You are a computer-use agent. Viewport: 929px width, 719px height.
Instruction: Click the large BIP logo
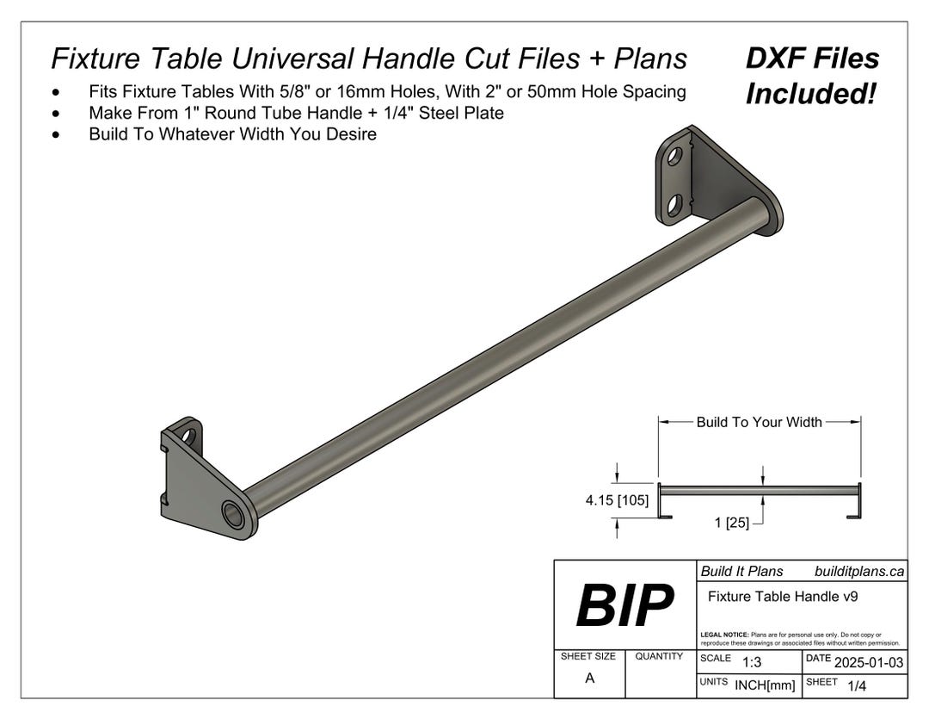point(624,604)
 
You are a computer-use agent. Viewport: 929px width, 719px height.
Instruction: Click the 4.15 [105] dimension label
point(617,500)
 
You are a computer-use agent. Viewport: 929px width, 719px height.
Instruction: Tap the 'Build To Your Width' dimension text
point(759,422)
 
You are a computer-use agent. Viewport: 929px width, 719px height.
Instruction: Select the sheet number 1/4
point(857,685)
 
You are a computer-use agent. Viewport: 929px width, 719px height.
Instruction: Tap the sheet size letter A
point(589,678)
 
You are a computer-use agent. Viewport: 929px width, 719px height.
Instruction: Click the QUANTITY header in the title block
point(659,656)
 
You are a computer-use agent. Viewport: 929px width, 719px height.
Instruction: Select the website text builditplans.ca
point(858,571)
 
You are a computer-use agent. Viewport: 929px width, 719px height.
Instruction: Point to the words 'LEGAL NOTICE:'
point(725,635)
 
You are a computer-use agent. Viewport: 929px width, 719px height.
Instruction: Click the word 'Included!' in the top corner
point(809,94)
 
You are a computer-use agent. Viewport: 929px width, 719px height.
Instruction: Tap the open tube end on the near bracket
point(232,514)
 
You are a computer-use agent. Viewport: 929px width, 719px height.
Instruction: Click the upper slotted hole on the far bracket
point(675,157)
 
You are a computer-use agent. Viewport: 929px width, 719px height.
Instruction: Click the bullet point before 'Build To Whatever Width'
point(57,134)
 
